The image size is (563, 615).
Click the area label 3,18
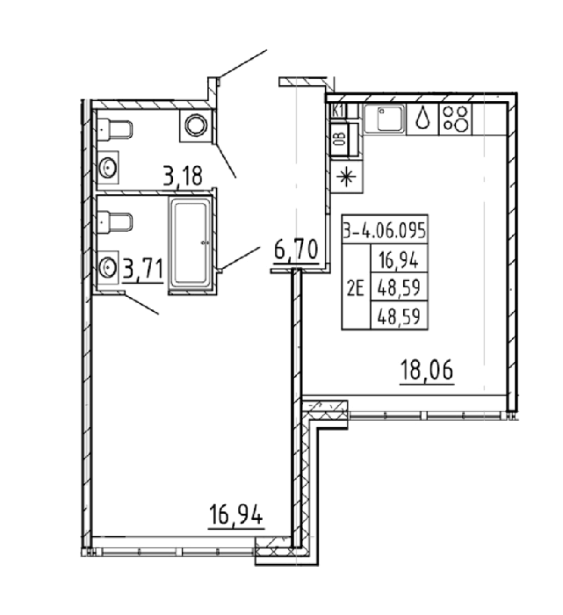click(x=183, y=176)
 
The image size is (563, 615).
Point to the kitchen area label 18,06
click(x=427, y=370)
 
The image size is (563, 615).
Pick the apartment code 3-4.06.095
click(x=385, y=230)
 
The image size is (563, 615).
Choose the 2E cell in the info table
click(x=356, y=290)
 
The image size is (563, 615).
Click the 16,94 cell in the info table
click(x=399, y=259)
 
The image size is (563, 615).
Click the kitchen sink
click(x=384, y=119)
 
